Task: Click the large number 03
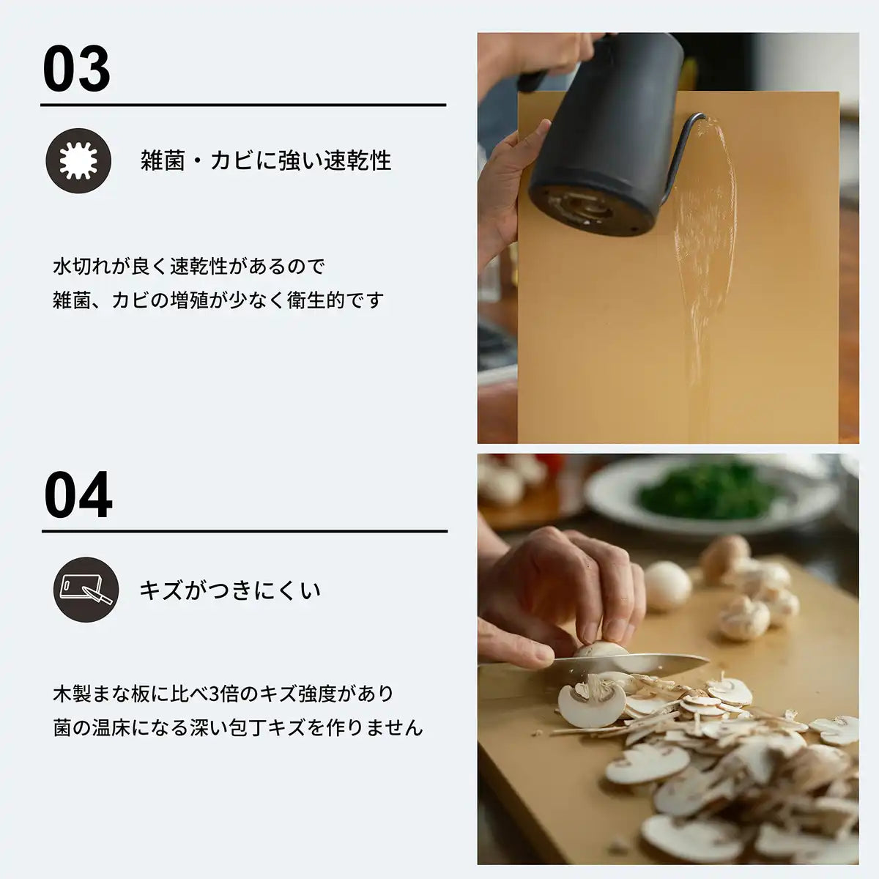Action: point(77,69)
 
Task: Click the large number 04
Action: point(78,496)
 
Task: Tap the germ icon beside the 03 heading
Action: point(78,160)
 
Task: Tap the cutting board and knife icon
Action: point(86,590)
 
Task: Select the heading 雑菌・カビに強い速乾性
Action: point(266,160)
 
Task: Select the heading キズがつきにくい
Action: point(230,590)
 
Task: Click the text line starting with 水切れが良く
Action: point(189,266)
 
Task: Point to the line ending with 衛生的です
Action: point(218,300)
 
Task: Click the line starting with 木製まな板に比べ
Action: point(223,693)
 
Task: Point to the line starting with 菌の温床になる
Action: point(238,727)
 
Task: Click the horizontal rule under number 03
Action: point(243,105)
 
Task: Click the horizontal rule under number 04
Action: point(245,532)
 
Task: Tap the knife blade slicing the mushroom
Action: point(630,665)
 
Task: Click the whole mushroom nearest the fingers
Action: point(667,586)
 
